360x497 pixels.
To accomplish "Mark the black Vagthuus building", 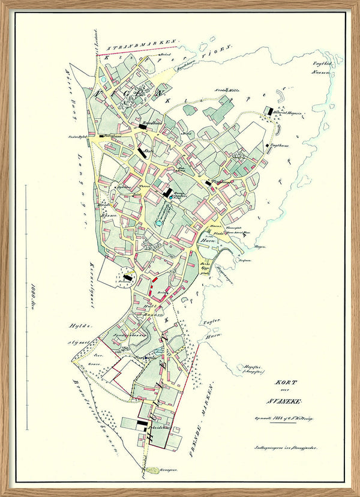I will pyautogui.click(x=268, y=145).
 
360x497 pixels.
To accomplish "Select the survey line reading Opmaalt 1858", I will pyautogui.click(x=284, y=418).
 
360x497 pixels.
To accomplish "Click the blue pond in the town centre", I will pyautogui.click(x=158, y=223).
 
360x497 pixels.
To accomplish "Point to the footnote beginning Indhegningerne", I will pyautogui.click(x=285, y=447).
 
